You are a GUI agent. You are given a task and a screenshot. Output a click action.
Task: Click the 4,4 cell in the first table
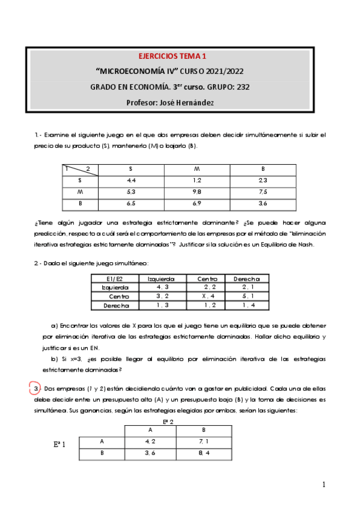pyautogui.click(x=131, y=180)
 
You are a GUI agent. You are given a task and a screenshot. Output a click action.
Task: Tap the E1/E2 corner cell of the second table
pyautogui.click(x=114, y=278)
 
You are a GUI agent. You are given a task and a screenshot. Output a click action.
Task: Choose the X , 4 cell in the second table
pyautogui.click(x=209, y=296)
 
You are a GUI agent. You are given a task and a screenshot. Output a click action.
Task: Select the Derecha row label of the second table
pyautogui.click(x=117, y=306)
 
